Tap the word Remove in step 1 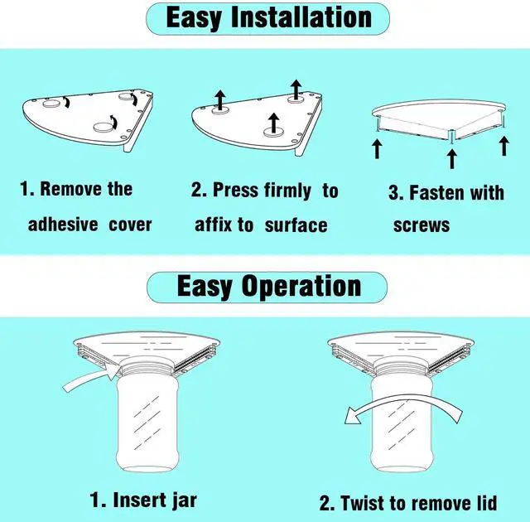click(70, 188)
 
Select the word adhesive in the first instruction click(63, 225)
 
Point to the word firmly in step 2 click(287, 191)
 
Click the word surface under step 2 click(296, 225)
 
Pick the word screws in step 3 click(422, 225)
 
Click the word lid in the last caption click(487, 503)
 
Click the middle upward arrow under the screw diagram click(452, 159)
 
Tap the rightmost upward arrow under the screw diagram click(504, 146)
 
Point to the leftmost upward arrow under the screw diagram click(377, 149)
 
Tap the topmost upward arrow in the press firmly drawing click(296, 89)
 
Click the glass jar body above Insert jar click(147, 423)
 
